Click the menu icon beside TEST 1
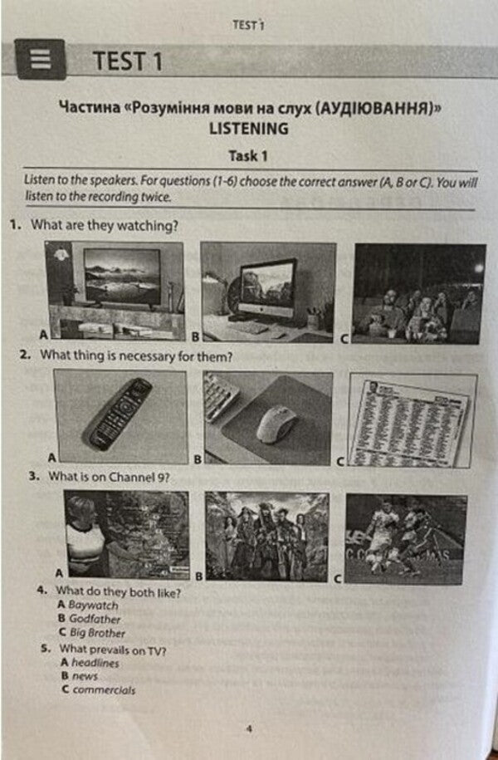(40, 60)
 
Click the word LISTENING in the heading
(249, 129)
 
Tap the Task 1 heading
(248, 155)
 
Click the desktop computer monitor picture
(268, 292)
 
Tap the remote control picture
(120, 415)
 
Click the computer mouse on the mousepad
(276, 423)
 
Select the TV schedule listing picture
(413, 419)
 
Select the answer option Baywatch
(94, 606)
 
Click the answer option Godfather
(95, 619)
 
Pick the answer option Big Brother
(97, 632)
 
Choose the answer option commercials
(103, 689)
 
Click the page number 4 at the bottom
(248, 730)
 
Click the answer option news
(85, 676)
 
